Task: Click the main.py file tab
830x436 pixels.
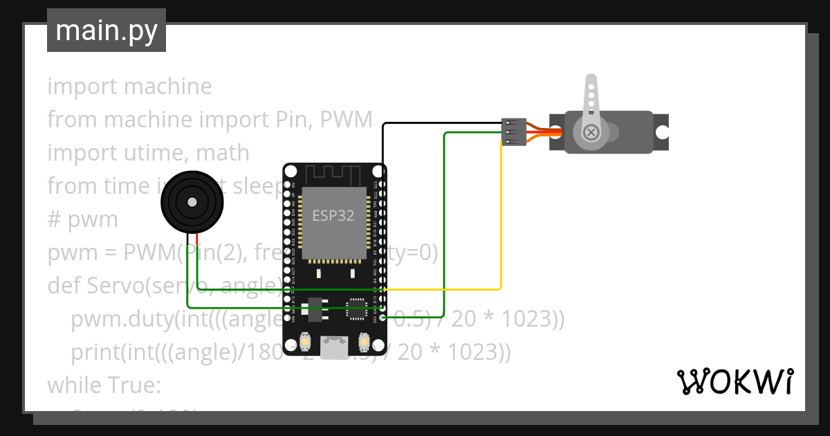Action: [106, 30]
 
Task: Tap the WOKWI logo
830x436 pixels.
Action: [735, 381]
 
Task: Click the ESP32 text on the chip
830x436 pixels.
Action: [333, 215]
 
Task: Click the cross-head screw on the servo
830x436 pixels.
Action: [591, 132]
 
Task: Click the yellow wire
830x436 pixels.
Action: [501, 221]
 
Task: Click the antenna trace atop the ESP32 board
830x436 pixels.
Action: [335, 173]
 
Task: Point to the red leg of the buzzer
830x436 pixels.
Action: [199, 239]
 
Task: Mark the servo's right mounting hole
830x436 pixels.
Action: [662, 131]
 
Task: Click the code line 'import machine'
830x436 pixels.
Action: [129, 87]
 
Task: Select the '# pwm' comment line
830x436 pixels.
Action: [82, 219]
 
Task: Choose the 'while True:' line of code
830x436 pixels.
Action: [104, 384]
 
